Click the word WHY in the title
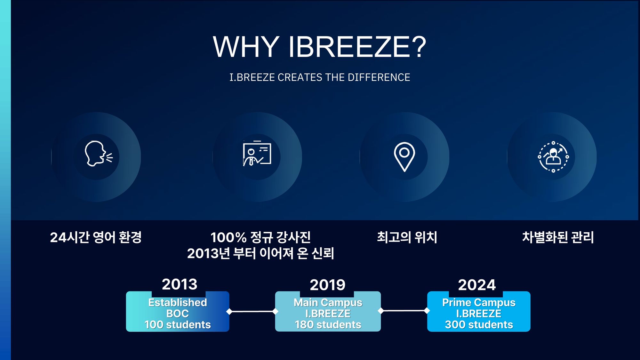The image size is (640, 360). coord(246,47)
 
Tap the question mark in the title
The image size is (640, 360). coord(418,47)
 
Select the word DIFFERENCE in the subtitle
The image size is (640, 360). coord(379,77)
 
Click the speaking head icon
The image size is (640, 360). coord(99,154)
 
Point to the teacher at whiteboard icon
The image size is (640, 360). coord(257,154)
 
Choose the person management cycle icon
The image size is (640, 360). coord(553,157)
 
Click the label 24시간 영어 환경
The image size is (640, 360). coord(96,237)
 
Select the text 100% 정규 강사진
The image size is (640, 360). coord(260,237)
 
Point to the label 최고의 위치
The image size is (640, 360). coord(407,237)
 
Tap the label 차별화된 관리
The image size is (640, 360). coord(558,237)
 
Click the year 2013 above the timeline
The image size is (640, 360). coord(180,284)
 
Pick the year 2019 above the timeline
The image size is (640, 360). coord(328,285)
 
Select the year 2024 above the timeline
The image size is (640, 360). coord(477,285)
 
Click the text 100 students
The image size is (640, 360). coord(178,324)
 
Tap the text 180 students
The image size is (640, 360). coord(328,324)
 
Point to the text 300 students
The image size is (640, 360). coord(479,324)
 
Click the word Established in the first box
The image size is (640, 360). coord(178,302)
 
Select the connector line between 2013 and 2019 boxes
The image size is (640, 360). coord(252,311)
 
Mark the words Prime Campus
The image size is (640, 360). coord(479,302)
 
